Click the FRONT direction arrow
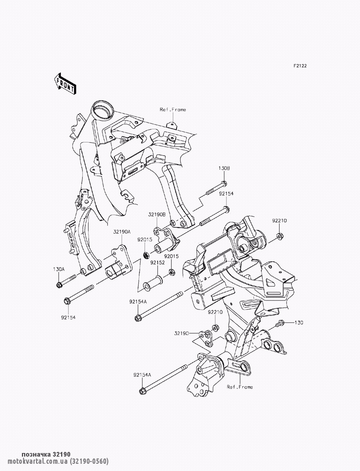coord(64,84)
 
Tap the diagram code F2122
coord(300,66)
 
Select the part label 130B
coord(224,168)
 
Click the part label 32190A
coord(122,232)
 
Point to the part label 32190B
coord(157,214)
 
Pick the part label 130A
coord(59,269)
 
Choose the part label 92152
coord(157,263)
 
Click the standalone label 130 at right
coord(299,329)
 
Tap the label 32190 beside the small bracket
coord(181,333)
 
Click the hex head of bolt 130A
coord(59,285)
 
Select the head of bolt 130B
coord(224,184)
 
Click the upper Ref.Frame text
coord(173,110)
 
